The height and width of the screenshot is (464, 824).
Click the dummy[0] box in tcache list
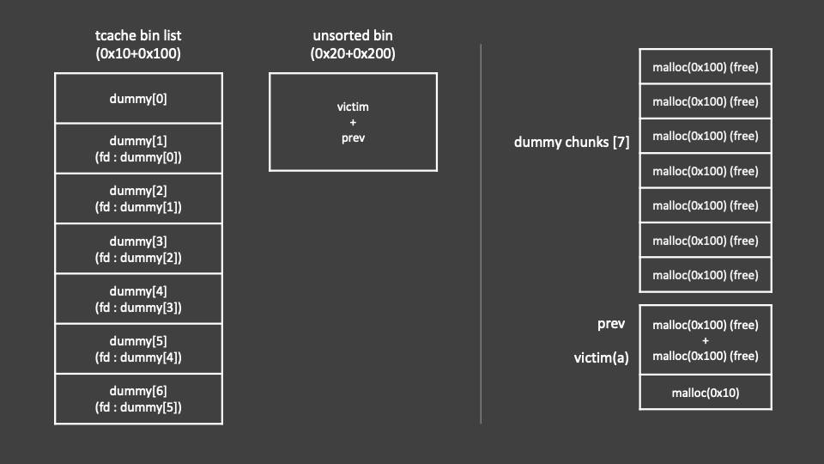[x=138, y=98]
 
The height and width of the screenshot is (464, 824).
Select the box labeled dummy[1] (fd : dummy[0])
[x=138, y=149]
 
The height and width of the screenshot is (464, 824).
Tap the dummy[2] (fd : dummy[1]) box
[x=138, y=198]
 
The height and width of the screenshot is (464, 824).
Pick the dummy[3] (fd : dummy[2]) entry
[x=138, y=249]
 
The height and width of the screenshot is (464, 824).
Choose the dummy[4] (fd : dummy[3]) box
[x=138, y=299]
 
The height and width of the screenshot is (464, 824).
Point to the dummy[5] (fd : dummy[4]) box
[x=138, y=349]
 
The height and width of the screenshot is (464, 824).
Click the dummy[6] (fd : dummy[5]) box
[x=138, y=399]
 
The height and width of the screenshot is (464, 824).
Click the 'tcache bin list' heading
[x=138, y=35]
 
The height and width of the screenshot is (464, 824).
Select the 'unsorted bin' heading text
[x=353, y=35]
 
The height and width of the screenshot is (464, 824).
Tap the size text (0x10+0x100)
[x=138, y=53]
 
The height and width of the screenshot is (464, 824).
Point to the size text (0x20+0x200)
[x=353, y=53]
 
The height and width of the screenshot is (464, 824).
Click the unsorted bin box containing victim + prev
[x=353, y=122]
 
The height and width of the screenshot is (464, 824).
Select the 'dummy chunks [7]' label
[x=572, y=143]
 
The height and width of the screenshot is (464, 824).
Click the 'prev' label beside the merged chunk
[x=610, y=324]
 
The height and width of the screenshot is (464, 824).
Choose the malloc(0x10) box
[x=705, y=393]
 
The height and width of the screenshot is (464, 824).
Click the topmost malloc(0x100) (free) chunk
[x=705, y=67]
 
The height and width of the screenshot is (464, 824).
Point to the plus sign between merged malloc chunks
[x=705, y=340]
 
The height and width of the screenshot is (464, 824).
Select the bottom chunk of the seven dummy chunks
[x=705, y=275]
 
